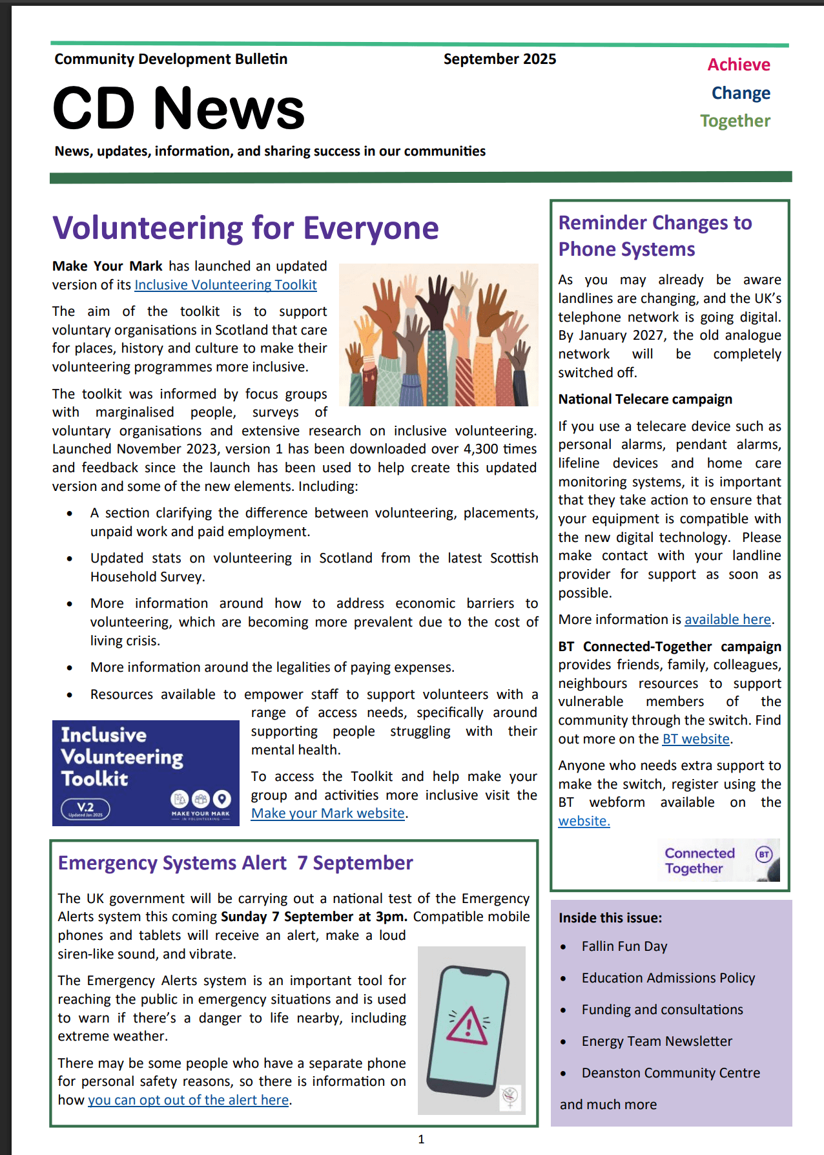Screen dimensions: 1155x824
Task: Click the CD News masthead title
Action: pos(178,109)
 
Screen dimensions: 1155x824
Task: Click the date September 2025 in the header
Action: pos(499,59)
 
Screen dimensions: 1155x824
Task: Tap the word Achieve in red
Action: pos(738,65)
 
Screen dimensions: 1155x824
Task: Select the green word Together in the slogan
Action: pos(735,121)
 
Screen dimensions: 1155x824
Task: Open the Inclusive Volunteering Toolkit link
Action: pos(225,285)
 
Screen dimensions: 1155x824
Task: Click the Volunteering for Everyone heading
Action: pos(245,228)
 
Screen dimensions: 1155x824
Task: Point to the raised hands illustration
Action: pos(438,335)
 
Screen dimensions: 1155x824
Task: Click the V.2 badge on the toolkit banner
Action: pos(85,808)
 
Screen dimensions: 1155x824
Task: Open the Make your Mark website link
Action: pos(327,813)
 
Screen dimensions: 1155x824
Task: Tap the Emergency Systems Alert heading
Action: pos(235,863)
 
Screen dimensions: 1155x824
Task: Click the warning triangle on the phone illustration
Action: pos(468,1025)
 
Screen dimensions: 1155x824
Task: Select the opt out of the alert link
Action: pos(188,1100)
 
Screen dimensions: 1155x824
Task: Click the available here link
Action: pos(727,619)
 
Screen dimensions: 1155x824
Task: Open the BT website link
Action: pos(695,739)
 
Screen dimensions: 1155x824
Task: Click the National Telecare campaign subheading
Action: pos(644,399)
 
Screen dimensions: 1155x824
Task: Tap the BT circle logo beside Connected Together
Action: pos(764,855)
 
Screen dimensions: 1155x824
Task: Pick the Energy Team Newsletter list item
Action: pos(656,1041)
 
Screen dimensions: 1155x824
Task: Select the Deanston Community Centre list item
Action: pos(670,1073)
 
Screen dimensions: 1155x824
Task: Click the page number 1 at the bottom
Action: pos(421,1139)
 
